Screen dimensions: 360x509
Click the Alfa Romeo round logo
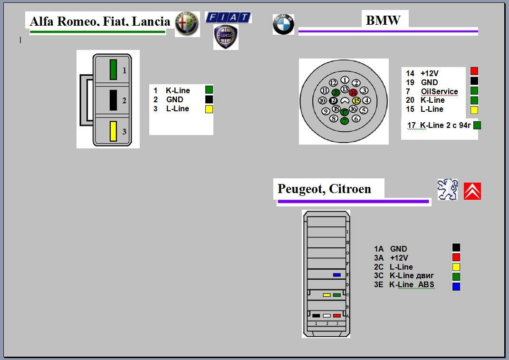click(187, 24)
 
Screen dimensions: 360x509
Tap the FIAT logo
click(228, 18)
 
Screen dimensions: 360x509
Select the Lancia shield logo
click(226, 38)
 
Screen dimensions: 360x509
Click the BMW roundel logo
click(283, 24)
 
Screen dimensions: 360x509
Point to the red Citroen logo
click(472, 191)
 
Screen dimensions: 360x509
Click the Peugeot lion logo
click(447, 189)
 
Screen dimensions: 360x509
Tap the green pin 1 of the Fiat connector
click(113, 69)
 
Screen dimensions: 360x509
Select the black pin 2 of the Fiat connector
click(113, 100)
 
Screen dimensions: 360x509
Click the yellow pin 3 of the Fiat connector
click(113, 131)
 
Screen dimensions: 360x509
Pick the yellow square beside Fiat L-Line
click(209, 109)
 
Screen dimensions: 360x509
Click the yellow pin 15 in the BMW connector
click(356, 101)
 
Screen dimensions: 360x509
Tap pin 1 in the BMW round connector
click(345, 80)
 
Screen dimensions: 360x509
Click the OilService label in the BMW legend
click(439, 91)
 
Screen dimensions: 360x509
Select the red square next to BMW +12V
click(474, 71)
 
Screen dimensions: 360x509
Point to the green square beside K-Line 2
click(477, 126)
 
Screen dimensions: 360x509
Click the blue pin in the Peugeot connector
click(337, 275)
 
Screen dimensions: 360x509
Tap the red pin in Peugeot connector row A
click(337, 315)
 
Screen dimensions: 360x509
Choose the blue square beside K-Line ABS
click(456, 286)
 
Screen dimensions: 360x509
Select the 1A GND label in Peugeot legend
click(391, 249)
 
